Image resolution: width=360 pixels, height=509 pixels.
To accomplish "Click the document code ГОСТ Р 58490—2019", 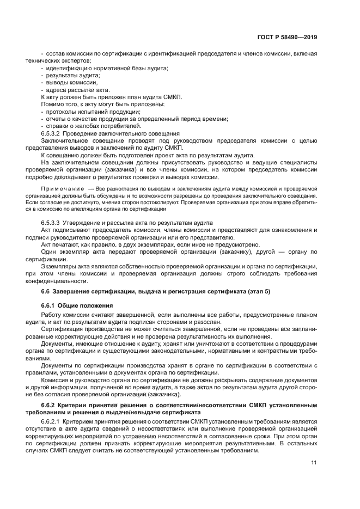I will click(288, 38).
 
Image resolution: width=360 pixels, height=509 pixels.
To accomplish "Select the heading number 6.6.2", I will click(49, 407).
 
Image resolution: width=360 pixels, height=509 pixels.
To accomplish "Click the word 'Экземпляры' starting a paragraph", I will click(59, 266).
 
